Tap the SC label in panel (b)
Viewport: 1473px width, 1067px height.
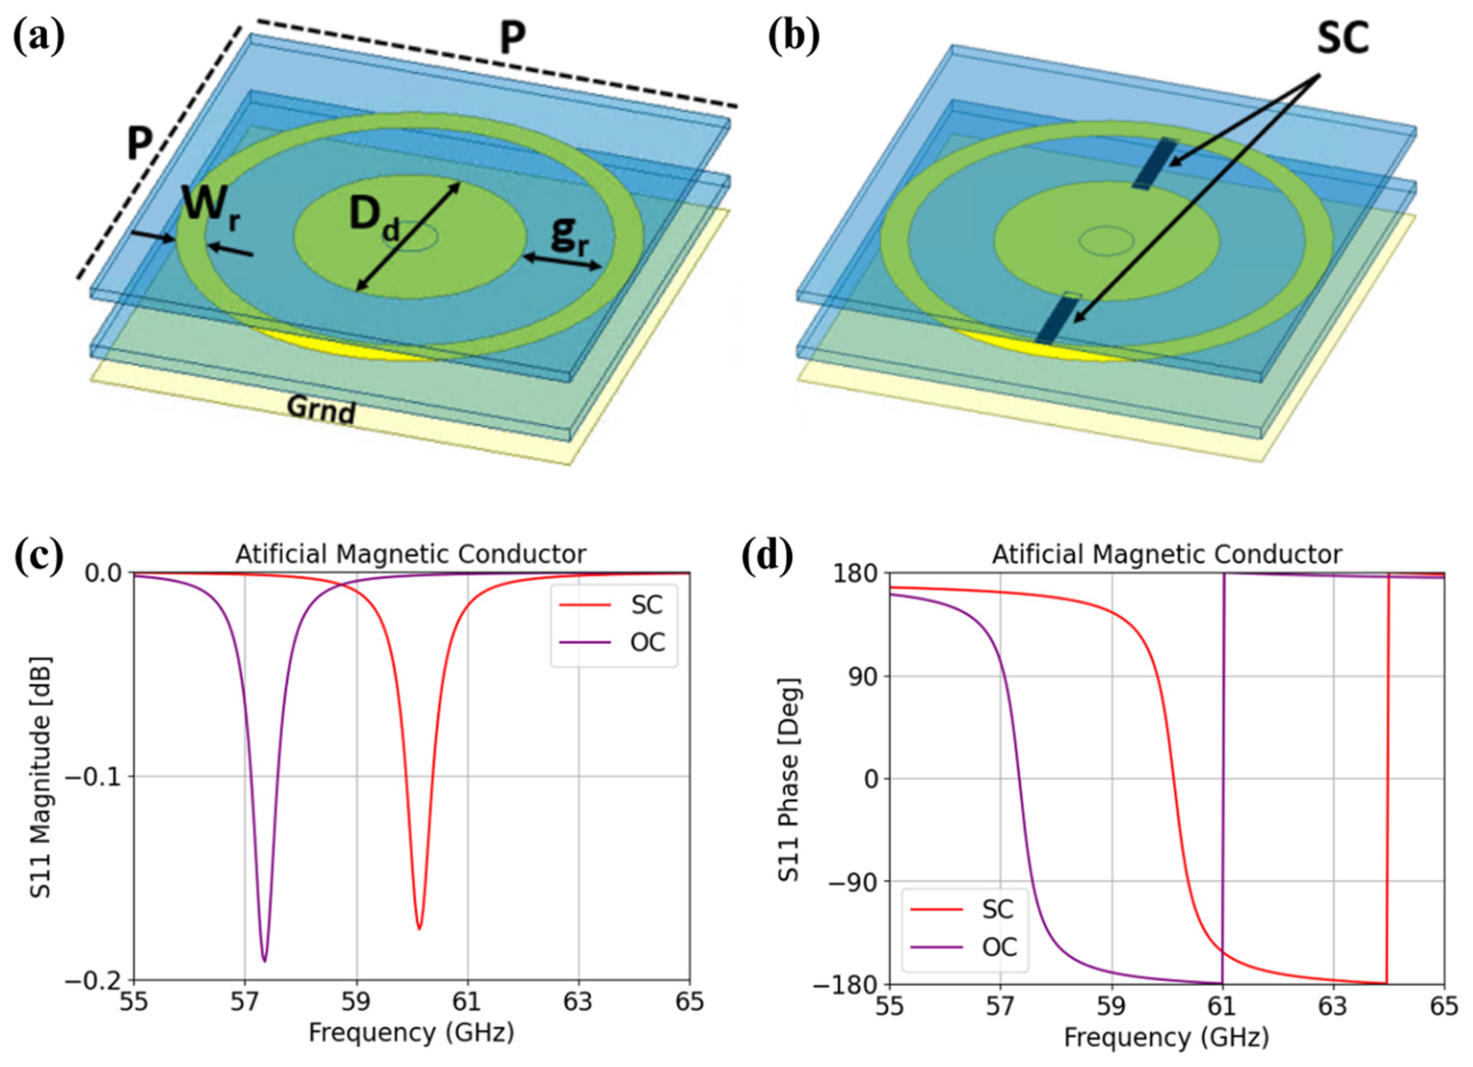[x=1342, y=39]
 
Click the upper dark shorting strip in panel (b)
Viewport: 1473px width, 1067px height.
[x=1153, y=163]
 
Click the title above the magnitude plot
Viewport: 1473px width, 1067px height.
[x=411, y=555]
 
